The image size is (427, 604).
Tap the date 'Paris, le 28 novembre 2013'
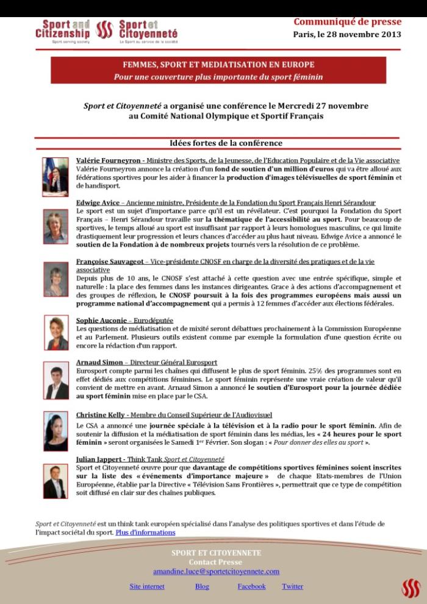point(347,34)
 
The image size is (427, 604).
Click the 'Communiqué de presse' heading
point(347,22)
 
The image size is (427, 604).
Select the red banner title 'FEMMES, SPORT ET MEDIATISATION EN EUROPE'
point(218,65)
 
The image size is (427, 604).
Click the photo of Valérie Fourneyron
point(56,177)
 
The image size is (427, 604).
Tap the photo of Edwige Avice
point(56,227)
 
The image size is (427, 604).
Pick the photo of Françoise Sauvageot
point(56,280)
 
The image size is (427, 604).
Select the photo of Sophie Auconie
point(56,333)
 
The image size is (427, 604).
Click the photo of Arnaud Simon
point(56,379)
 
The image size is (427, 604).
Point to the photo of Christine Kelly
point(56,431)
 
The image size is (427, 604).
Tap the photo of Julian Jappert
point(56,481)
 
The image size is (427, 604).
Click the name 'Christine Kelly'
point(100,415)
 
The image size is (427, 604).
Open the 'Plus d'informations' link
point(145,532)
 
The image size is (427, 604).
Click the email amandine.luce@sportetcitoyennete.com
point(216,572)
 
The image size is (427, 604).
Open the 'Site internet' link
point(147,586)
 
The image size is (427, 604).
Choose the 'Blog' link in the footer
point(202,586)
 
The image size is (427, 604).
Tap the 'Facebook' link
point(251,586)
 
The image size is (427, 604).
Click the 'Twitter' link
point(292,586)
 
